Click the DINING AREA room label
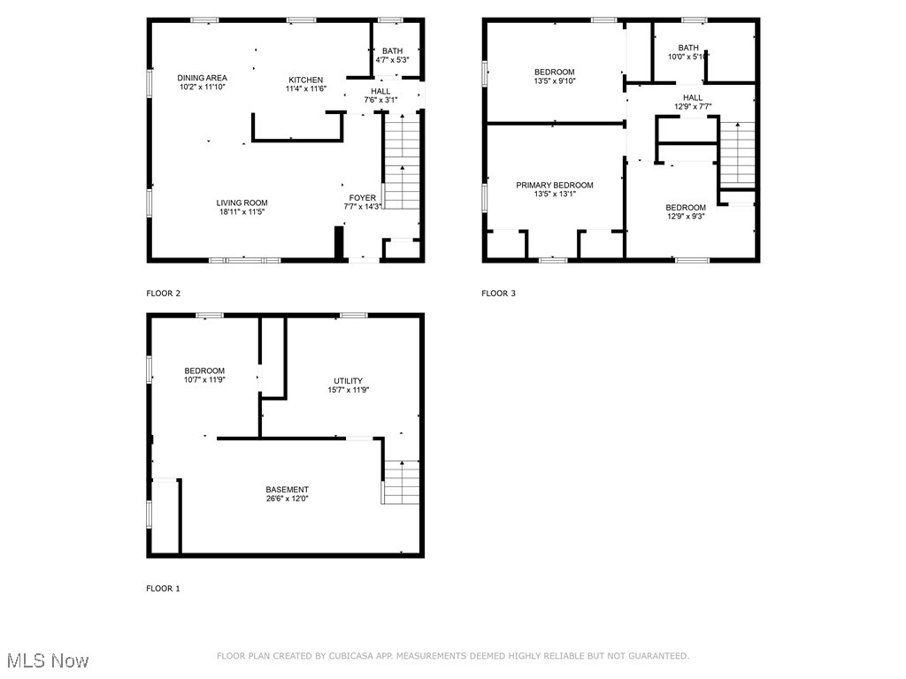[x=203, y=78]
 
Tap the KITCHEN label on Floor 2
[x=305, y=80]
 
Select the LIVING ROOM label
[x=242, y=202]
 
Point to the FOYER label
[x=363, y=197]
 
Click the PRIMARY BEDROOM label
[x=555, y=185]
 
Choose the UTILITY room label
[x=348, y=381]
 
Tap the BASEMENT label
[x=288, y=490]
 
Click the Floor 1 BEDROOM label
[x=204, y=370]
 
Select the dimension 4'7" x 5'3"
[x=392, y=60]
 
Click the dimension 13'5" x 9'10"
[x=555, y=82]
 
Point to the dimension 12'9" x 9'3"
[x=686, y=217]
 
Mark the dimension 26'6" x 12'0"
[x=288, y=500]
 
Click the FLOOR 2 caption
[x=163, y=294]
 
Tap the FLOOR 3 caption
[x=498, y=294]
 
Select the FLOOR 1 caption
[x=163, y=589]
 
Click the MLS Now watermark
[x=48, y=660]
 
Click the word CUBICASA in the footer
[x=374, y=656]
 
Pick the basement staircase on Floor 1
[x=400, y=482]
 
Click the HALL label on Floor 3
[x=693, y=97]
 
